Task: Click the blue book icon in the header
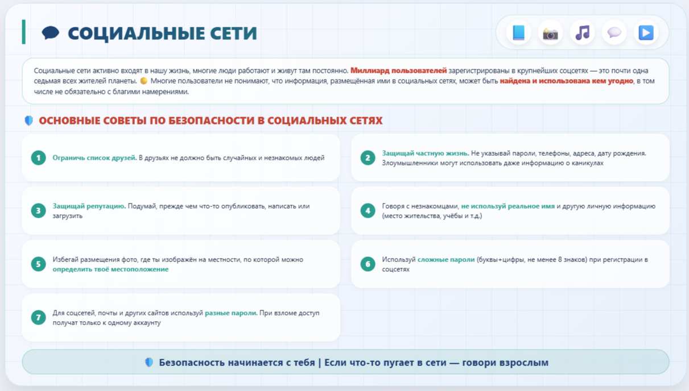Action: coord(518,32)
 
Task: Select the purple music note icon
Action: coord(583,32)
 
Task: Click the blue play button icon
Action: coord(646,32)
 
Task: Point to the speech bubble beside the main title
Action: coord(50,32)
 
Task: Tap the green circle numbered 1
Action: coord(39,158)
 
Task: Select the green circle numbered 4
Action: coord(368,211)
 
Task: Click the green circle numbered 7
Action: coord(39,317)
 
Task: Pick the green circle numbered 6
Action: coord(368,264)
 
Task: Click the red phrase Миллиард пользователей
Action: coord(398,70)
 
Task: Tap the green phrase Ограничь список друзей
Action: coord(94,158)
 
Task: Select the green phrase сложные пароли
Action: coord(446,260)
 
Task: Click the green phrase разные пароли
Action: coord(230,313)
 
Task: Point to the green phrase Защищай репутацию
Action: coord(89,206)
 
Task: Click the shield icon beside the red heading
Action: coord(28,120)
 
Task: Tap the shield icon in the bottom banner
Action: coord(149,363)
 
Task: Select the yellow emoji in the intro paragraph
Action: coord(143,81)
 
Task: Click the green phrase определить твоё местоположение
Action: coord(110,269)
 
